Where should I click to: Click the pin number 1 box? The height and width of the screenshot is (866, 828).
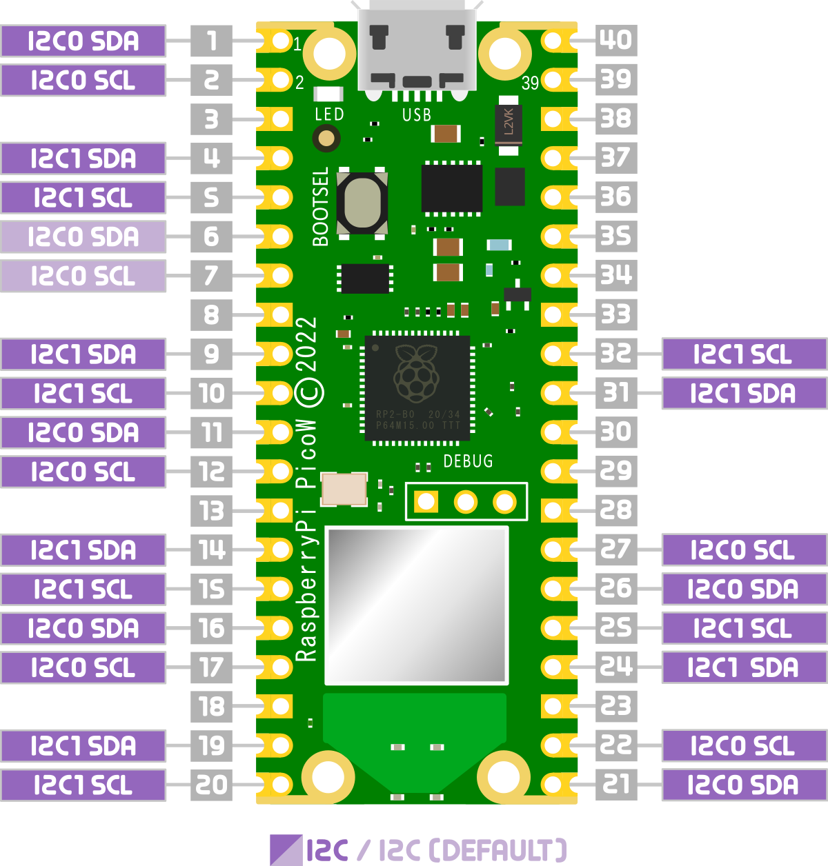[x=212, y=41]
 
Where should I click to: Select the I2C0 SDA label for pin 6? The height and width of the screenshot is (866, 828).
[x=83, y=237]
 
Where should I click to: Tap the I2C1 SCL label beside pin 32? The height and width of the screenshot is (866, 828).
[x=743, y=354]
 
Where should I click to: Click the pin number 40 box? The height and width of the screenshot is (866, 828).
[x=615, y=40]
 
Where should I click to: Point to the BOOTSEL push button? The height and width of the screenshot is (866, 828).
[x=362, y=203]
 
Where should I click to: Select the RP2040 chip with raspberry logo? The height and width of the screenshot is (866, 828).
[x=417, y=388]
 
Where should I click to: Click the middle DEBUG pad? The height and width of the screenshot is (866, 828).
[x=466, y=502]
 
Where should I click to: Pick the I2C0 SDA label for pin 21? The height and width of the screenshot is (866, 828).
[x=743, y=785]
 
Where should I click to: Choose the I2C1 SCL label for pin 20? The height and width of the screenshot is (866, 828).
[x=83, y=785]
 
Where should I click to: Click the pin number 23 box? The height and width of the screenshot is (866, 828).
[x=615, y=706]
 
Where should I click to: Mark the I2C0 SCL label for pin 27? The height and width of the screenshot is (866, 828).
[x=743, y=550]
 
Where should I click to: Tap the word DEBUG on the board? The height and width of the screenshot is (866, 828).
[x=468, y=461]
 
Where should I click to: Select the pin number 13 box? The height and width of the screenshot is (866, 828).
[x=212, y=511]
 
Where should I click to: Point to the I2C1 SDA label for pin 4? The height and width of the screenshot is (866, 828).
[x=83, y=159]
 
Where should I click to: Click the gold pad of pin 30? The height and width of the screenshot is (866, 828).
[x=553, y=432]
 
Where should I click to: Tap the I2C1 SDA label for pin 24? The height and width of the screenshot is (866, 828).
[x=743, y=667]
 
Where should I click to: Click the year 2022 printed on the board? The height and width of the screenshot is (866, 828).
[x=306, y=346]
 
